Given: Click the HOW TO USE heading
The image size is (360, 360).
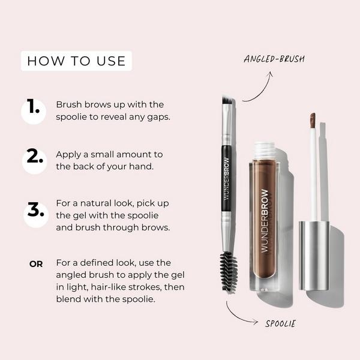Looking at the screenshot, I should tap(76, 61).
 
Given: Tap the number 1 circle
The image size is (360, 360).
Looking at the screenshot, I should tap(34, 109).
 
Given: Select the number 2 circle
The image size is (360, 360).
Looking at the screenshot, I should tap(34, 159).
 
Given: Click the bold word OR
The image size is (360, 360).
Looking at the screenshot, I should tap(36, 263).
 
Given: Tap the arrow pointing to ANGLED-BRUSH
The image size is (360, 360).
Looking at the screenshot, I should tap(257, 88).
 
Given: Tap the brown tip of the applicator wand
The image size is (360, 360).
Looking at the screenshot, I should tap(313, 119).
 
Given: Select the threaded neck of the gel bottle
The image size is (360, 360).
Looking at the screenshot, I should tap(265, 149).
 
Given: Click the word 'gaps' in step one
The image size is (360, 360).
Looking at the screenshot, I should tap(158, 116).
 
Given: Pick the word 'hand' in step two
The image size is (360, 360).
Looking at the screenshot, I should tap(149, 166).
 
